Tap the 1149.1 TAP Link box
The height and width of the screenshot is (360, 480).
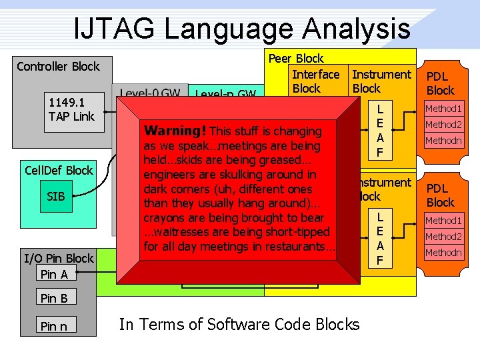71,109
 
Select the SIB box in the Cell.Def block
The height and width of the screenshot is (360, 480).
56,197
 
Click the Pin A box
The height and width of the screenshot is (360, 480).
57,274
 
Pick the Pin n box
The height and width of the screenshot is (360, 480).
57,325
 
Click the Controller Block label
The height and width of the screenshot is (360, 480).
58,66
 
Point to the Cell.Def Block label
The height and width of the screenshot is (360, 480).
59,170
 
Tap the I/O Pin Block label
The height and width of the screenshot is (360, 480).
59,258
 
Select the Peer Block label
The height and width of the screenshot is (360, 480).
296,59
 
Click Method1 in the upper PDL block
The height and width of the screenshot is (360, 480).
444,109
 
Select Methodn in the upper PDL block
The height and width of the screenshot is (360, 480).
444,141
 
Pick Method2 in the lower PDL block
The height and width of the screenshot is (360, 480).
444,237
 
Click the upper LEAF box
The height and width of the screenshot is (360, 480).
380,131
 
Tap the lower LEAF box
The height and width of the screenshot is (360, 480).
380,238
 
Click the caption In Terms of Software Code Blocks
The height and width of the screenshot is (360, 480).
239,325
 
